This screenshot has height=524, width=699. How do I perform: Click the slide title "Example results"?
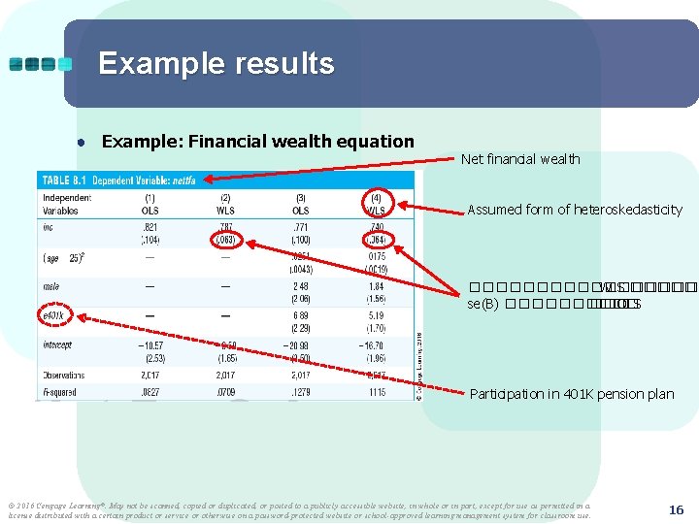(216, 64)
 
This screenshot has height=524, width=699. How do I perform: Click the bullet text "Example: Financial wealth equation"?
(257, 142)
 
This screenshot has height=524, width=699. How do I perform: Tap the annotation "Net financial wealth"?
(520, 159)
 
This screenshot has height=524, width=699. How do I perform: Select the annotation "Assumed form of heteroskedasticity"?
(575, 210)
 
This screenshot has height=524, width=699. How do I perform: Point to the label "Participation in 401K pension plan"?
(571, 394)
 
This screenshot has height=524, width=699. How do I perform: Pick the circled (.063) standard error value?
(225, 238)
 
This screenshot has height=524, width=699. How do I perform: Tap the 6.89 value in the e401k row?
(300, 316)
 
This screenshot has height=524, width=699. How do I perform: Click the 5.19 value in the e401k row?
(376, 316)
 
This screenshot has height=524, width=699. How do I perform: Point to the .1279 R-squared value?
(300, 392)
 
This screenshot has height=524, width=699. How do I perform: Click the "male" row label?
(52, 286)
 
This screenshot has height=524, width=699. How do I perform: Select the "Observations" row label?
(64, 376)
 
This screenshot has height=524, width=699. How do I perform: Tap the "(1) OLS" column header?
(150, 204)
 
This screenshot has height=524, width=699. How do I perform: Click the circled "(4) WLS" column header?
(377, 204)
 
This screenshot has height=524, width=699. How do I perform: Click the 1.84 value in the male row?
(376, 286)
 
